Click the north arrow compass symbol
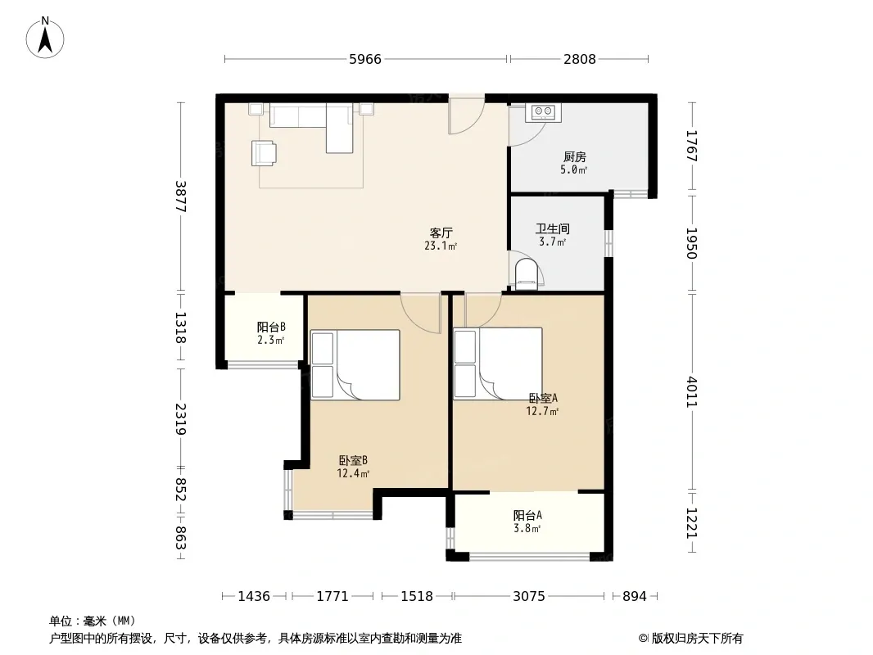(x=45, y=38)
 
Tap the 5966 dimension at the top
(x=365, y=59)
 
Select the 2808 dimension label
(x=580, y=59)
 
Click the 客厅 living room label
(x=441, y=233)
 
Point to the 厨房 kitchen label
(x=575, y=157)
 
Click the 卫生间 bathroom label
(x=552, y=228)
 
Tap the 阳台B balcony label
(x=271, y=327)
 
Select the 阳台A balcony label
(x=527, y=515)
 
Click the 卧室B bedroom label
(x=353, y=461)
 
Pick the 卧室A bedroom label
(x=543, y=399)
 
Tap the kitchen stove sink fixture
(x=543, y=112)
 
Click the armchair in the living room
(x=264, y=153)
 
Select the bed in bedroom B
(x=355, y=365)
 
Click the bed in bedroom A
(x=498, y=364)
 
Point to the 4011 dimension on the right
(x=691, y=392)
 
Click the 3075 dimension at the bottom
(x=529, y=597)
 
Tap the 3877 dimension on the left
(x=180, y=196)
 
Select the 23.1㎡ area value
(x=441, y=246)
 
